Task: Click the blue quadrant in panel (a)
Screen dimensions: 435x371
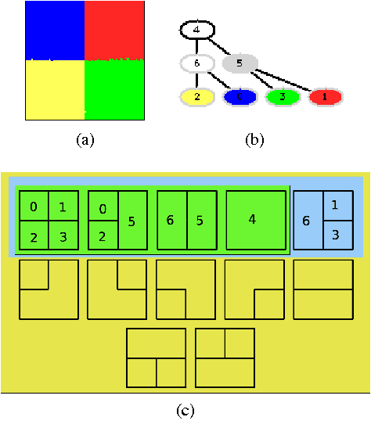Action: (x=55, y=30)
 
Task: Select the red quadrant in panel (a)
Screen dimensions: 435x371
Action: (x=115, y=30)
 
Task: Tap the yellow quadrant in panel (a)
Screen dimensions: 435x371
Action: (x=55, y=90)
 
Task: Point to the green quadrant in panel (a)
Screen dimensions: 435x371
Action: (x=115, y=90)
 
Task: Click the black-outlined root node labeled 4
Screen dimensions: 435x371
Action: (x=196, y=31)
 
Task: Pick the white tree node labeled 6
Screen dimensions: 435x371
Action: (x=196, y=63)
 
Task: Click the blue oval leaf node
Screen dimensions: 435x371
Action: (x=240, y=97)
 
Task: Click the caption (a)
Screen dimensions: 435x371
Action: (x=85, y=140)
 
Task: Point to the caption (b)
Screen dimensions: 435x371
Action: (x=254, y=140)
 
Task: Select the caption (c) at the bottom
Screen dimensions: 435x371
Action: (x=185, y=409)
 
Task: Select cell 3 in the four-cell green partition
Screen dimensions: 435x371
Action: (x=63, y=235)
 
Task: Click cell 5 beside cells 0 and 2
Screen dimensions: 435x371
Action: (x=131, y=221)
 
